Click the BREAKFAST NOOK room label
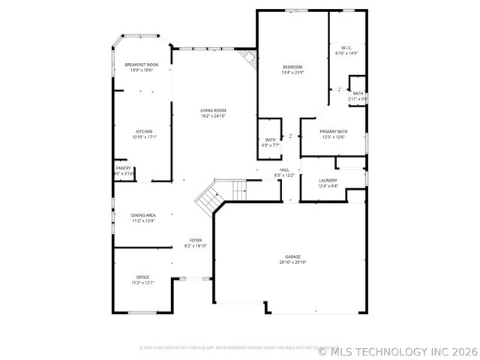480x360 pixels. point(142,65)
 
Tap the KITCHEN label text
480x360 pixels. point(143,131)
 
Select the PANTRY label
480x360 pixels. point(123,168)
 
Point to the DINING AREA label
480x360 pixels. point(143,214)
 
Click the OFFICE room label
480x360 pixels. point(142,277)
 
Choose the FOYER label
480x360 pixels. point(195,240)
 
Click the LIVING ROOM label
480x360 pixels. point(213,110)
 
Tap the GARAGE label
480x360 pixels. point(292,256)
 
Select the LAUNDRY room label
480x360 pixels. point(328,180)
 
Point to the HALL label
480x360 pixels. point(284,169)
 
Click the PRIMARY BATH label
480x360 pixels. point(334,131)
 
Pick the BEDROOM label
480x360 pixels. point(292,67)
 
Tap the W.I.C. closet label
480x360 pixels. point(346,48)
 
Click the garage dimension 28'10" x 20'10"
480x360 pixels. point(292,262)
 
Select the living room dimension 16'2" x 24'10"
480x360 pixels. point(213,116)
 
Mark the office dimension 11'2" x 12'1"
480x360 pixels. point(142,283)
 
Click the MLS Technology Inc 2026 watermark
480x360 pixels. point(398,350)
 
